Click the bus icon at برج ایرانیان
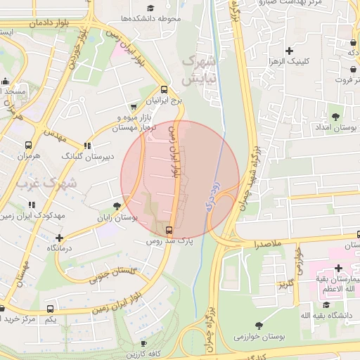pyautogui.click(x=164, y=89)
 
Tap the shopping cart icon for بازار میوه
pyautogui.click(x=134, y=106)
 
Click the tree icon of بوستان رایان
pyautogui.click(x=117, y=206)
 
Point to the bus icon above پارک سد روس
pyautogui.click(x=169, y=230)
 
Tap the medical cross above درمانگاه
pyautogui.click(x=59, y=238)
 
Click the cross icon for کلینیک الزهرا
pyautogui.click(x=289, y=51)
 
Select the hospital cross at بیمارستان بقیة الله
pyautogui.click(x=339, y=268)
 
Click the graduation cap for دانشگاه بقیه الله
pyautogui.click(x=326, y=304)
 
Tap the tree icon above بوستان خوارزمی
pyautogui.click(x=259, y=326)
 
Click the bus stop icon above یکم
pyautogui.click(x=50, y=309)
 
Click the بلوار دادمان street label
pyautogui.click(x=50, y=22)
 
